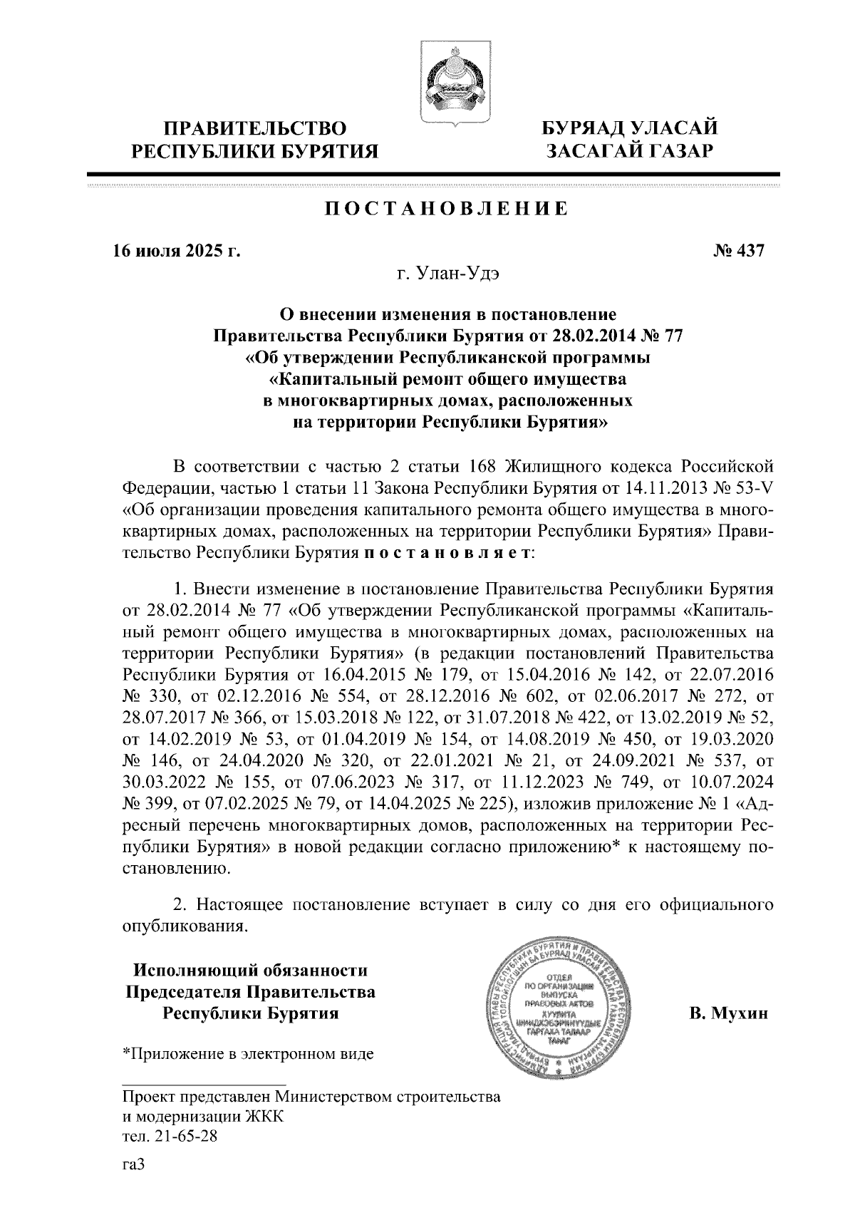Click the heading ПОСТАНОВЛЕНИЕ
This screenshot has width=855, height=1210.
447,209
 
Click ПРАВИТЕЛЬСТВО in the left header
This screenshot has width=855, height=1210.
255,129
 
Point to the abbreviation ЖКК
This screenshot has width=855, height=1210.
264,1116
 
